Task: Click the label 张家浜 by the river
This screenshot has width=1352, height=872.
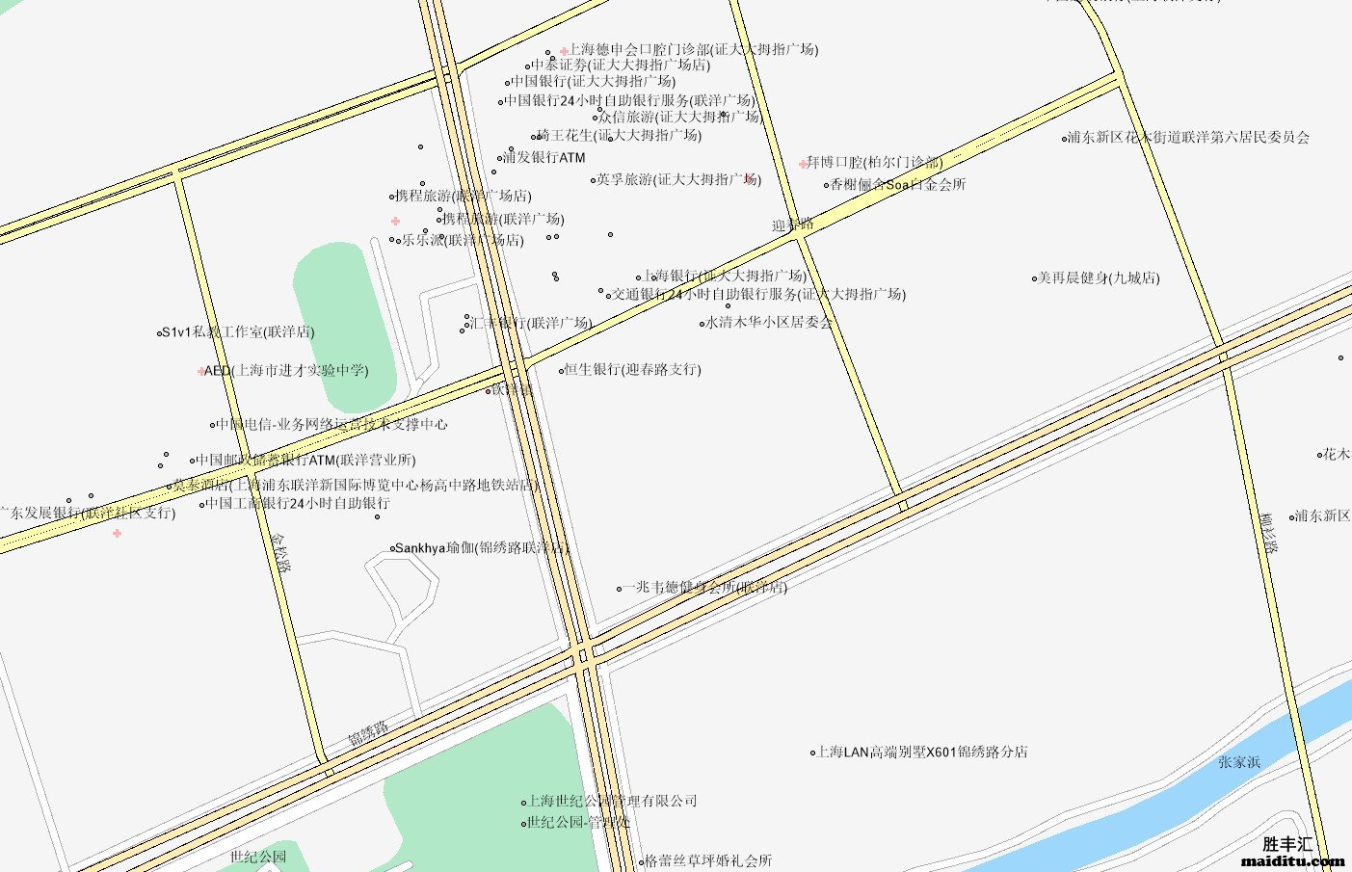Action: (1238, 762)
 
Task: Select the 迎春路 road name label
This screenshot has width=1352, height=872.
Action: (792, 225)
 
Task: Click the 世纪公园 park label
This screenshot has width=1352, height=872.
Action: (258, 856)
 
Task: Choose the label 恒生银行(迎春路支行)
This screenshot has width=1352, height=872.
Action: (632, 369)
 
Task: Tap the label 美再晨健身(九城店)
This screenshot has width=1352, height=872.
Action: (1098, 277)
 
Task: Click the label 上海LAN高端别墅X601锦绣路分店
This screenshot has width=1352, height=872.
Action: (922, 752)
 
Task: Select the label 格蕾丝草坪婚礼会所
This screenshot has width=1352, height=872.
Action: (708, 860)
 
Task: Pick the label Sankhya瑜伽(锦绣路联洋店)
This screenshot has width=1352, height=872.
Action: (482, 548)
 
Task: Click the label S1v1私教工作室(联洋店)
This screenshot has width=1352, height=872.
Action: (237, 332)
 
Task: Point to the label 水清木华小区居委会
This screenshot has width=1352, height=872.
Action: (769, 323)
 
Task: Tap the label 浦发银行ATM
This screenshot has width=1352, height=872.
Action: (543, 157)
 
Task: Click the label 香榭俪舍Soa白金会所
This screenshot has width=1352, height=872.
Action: (897, 184)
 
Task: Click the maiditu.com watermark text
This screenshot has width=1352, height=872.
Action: (1292, 860)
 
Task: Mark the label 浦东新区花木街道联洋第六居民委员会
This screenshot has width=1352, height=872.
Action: (1188, 138)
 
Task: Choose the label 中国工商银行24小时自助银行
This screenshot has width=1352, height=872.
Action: (298, 503)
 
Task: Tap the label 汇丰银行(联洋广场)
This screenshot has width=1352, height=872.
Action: (530, 323)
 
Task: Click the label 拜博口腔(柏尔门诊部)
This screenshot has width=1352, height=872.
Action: (874, 162)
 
